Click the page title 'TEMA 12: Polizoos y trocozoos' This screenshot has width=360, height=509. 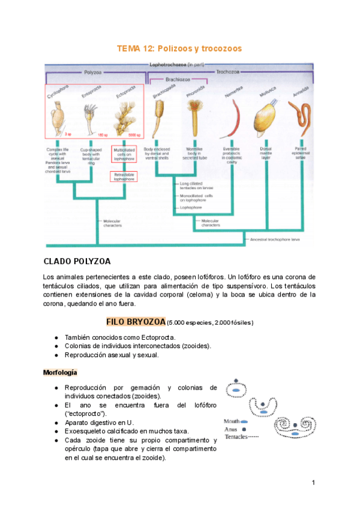tap(179, 48)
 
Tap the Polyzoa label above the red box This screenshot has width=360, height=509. tap(93, 71)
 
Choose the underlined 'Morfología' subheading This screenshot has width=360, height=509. tap(61, 372)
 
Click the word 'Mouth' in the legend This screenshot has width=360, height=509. tap(232, 421)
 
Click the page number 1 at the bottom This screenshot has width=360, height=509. tap(313, 483)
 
